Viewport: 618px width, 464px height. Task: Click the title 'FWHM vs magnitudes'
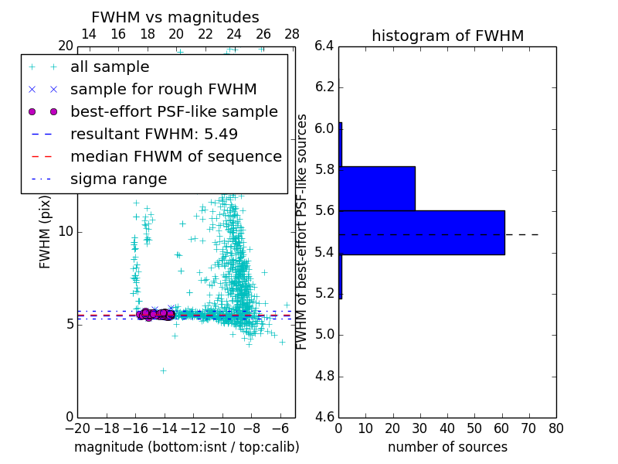[175, 17]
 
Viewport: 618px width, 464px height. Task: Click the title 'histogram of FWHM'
[447, 36]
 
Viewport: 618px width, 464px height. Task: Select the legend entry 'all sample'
[110, 67]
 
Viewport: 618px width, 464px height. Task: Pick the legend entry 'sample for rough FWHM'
[163, 89]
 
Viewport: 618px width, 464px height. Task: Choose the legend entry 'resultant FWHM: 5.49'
[154, 134]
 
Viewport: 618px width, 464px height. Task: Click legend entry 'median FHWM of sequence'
[175, 156]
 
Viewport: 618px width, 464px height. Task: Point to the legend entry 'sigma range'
[118, 179]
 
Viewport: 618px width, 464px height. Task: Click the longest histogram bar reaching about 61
[422, 232]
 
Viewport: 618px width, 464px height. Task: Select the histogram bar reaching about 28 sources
[377, 188]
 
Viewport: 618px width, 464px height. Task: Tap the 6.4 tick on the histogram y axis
[324, 46]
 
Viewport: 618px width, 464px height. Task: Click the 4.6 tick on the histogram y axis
[324, 418]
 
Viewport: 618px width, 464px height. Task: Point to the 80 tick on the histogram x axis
[556, 428]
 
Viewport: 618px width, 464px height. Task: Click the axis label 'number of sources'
[447, 447]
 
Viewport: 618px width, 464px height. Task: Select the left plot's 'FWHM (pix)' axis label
[45, 232]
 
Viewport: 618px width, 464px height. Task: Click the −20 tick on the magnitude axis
[77, 428]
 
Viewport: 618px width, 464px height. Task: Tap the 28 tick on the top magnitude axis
[292, 34]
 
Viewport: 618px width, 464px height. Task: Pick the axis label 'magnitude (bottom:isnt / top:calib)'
[186, 447]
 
